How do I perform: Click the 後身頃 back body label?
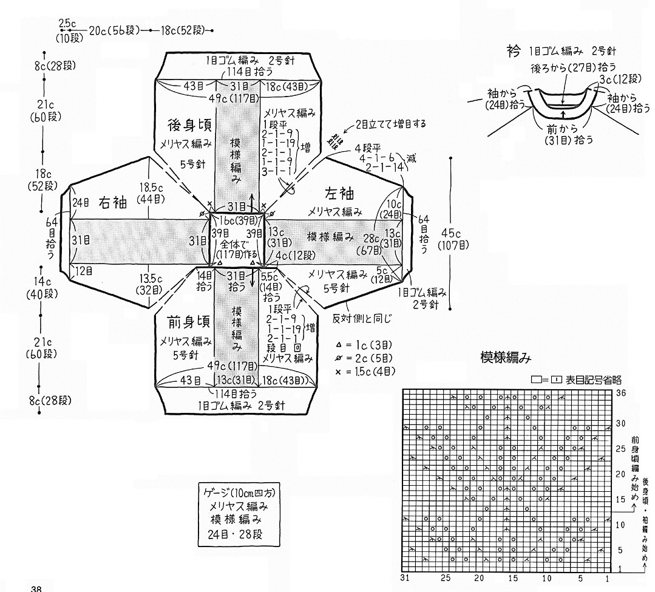click(185, 124)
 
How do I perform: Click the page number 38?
click(36, 588)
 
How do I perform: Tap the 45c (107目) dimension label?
click(452, 239)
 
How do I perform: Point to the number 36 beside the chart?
click(620, 393)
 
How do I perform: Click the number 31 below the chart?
click(407, 576)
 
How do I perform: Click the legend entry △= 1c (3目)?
click(365, 344)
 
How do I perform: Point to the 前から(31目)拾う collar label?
click(564, 132)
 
